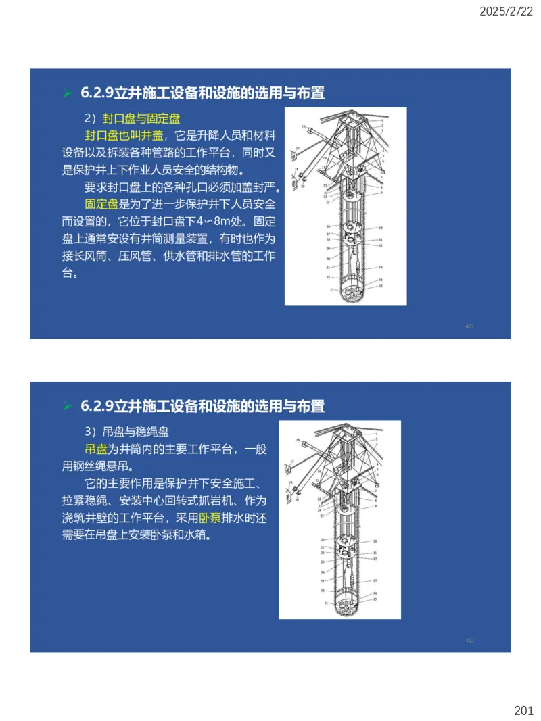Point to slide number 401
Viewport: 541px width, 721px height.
point(470,327)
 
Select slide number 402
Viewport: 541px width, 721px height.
point(470,640)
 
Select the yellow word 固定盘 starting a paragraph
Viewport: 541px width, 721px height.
point(101,203)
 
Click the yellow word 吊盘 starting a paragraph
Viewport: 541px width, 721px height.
point(95,449)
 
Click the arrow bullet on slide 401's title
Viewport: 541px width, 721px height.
point(67,93)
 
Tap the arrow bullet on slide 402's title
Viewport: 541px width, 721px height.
point(67,407)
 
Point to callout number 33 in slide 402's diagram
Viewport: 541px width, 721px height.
point(327,602)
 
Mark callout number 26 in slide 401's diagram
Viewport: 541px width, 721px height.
point(328,226)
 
